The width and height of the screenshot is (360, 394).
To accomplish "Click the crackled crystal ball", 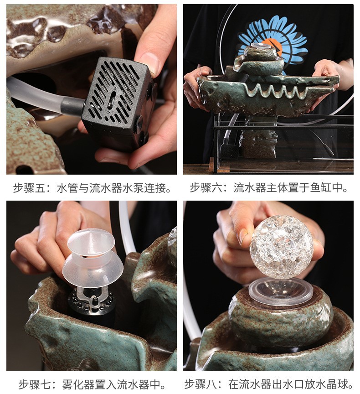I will (x=281, y=246).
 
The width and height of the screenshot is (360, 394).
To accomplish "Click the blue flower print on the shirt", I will (x=273, y=39).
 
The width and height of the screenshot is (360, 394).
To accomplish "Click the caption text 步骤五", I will (x=32, y=187).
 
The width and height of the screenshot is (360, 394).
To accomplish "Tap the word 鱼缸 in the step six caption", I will (x=328, y=187).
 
